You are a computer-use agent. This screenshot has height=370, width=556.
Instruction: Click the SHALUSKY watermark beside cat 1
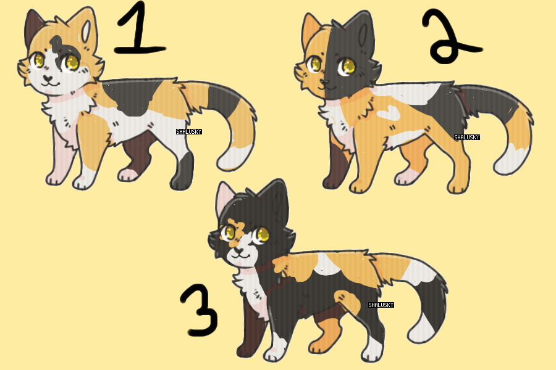click(189, 132)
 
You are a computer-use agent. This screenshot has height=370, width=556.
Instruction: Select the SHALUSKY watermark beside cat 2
click(467, 138)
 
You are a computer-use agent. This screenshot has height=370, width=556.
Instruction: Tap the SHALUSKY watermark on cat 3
click(381, 305)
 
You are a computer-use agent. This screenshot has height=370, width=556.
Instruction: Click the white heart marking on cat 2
click(389, 113)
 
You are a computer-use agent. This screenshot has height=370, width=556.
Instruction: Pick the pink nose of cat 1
click(48, 78)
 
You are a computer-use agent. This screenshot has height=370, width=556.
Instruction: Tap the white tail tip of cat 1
click(234, 158)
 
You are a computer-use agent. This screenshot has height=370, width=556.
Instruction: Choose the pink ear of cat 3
click(225, 199)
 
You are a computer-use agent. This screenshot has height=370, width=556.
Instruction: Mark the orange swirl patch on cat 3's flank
click(347, 302)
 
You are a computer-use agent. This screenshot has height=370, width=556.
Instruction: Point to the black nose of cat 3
click(238, 251)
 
